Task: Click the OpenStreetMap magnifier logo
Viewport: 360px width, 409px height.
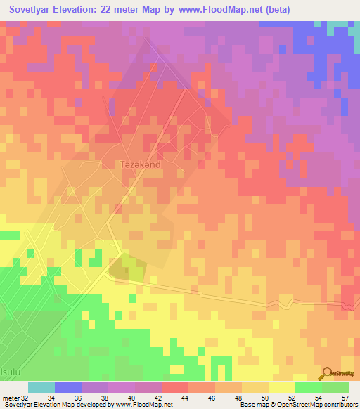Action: pyautogui.click(x=328, y=372)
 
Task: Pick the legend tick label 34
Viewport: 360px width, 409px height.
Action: pyautogui.click(x=68, y=398)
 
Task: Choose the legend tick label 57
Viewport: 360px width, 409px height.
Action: pyautogui.click(x=345, y=398)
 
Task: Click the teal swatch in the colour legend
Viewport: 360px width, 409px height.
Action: pyautogui.click(x=41, y=387)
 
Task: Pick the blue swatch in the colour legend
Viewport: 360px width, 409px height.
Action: pyautogui.click(x=68, y=387)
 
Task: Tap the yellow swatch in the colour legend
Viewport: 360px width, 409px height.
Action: pyautogui.click(x=282, y=387)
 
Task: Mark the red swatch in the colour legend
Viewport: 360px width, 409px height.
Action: pyautogui.click(x=175, y=387)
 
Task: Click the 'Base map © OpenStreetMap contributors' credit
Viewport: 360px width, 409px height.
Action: pyautogui.click(x=297, y=405)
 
